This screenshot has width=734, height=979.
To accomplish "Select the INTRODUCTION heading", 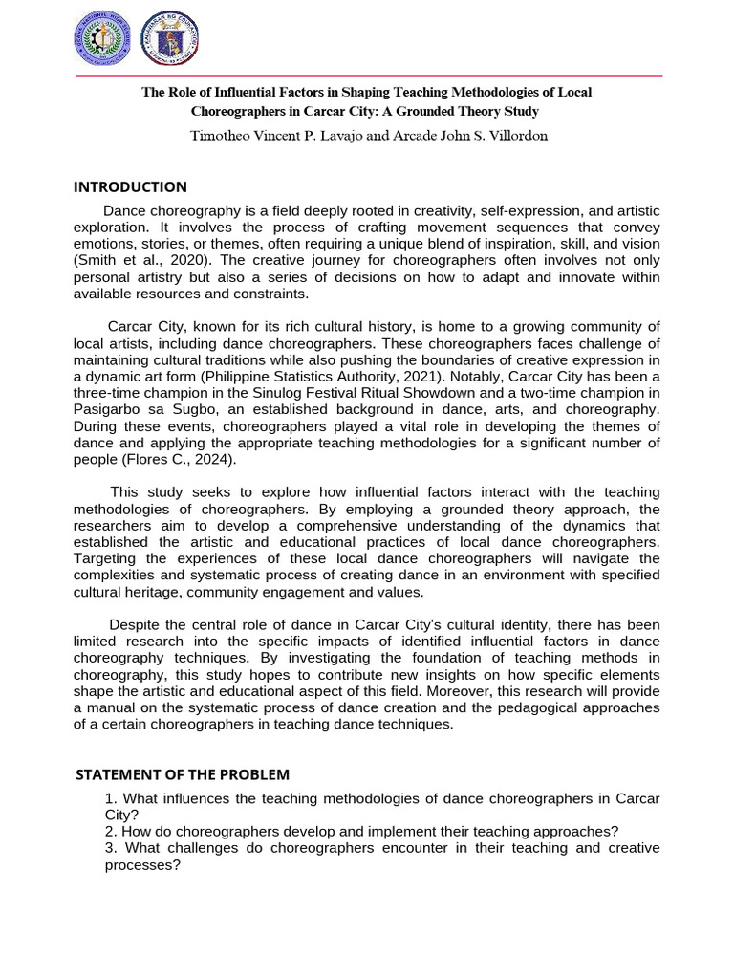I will tap(130, 186).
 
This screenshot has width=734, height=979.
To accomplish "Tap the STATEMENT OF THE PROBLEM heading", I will tap(182, 773).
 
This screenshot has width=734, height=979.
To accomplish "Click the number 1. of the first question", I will tap(111, 798).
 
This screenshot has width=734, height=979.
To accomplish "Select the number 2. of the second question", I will tap(111, 831).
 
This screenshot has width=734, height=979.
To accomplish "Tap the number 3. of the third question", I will tap(111, 848).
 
